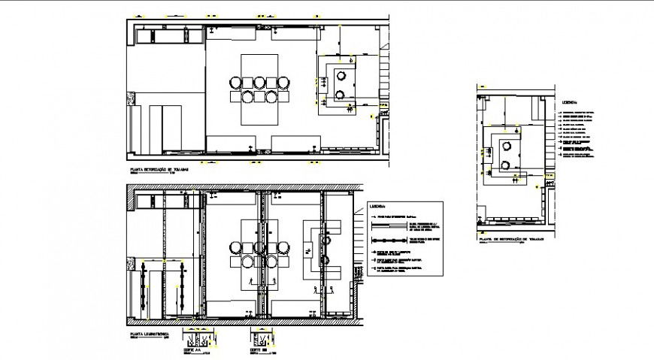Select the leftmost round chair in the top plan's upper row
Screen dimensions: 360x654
[x=237, y=83]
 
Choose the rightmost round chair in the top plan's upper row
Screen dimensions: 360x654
[x=285, y=83]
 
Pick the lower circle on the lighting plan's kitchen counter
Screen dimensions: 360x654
[x=329, y=261]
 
